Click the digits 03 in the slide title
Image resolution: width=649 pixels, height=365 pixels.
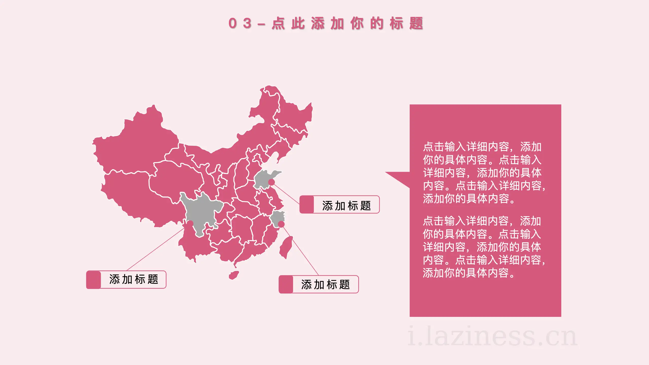coord(240,24)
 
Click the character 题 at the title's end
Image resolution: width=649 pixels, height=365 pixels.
coord(416,24)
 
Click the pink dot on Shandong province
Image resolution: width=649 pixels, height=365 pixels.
coord(272,182)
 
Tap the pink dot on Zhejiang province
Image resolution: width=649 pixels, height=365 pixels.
coord(281,224)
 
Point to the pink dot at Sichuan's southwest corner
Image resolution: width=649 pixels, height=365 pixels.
coord(190,224)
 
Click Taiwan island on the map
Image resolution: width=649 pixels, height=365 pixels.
coord(286,247)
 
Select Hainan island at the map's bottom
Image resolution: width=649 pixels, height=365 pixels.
coord(234,275)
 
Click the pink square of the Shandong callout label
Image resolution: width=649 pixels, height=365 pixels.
coord(307,205)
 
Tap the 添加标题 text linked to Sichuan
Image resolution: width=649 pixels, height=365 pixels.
coord(134,280)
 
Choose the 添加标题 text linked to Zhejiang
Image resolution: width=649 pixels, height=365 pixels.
coord(326,285)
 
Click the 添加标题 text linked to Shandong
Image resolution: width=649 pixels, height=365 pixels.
coord(347,206)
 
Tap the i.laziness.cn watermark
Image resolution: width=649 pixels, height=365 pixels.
coord(492,336)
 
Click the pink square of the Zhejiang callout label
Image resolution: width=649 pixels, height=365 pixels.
coord(286,284)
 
